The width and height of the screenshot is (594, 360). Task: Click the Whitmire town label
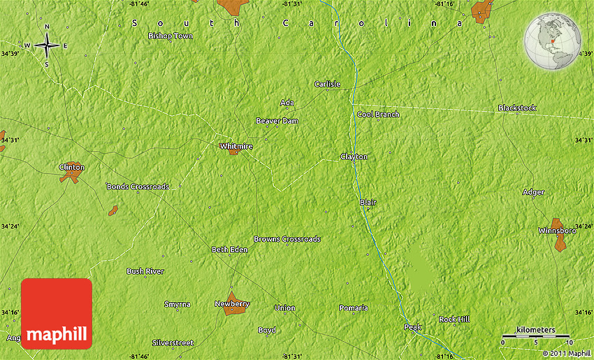tap(236, 146)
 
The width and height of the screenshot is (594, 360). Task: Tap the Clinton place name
tap(71, 167)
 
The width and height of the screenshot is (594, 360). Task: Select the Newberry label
tap(231, 304)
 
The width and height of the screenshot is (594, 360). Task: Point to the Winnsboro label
tap(557, 230)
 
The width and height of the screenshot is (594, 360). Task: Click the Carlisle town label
tap(327, 85)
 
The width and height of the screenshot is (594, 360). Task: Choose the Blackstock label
tap(517, 108)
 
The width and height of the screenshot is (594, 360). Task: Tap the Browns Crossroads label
tap(287, 239)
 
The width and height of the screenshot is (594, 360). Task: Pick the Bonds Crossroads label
tap(138, 187)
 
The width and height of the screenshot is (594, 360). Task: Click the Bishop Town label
tap(171, 36)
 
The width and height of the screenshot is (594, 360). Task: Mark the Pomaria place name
tap(353, 308)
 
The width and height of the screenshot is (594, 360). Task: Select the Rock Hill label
tap(454, 319)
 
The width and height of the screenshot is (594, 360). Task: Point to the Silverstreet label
tap(173, 343)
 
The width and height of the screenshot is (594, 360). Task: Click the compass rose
tap(47, 46)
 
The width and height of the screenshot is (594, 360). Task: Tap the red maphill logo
tap(57, 313)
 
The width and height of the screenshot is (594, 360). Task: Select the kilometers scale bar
tap(536, 336)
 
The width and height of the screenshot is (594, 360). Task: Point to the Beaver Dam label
tap(277, 121)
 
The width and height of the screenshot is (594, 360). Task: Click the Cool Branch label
tap(378, 115)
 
